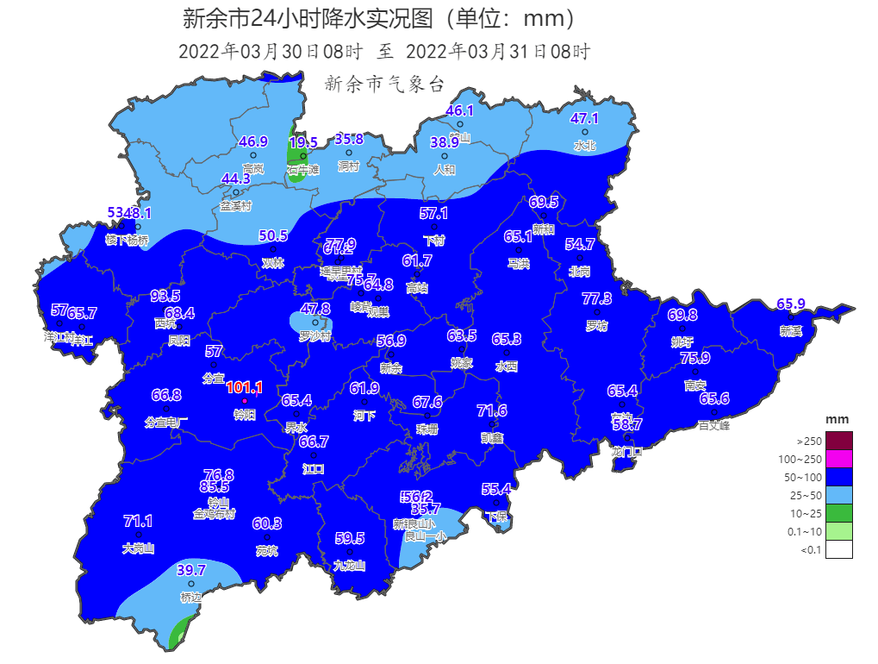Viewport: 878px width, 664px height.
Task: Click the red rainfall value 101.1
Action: [244, 388]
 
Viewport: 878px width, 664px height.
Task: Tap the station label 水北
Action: [585, 146]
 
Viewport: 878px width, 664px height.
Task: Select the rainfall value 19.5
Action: [303, 142]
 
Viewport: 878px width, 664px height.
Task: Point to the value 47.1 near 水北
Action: [585, 118]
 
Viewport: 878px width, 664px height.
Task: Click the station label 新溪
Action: [791, 331]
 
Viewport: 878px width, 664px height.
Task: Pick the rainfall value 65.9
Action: [791, 304]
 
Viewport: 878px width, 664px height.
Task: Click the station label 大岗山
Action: [138, 548]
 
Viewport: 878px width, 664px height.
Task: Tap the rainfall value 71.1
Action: [138, 521]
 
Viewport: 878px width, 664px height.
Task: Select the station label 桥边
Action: [191, 597]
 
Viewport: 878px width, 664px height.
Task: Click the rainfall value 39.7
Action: [191, 570]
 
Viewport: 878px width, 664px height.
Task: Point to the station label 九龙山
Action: [350, 566]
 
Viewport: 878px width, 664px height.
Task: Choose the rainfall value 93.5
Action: [165, 296]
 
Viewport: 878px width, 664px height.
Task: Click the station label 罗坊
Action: [596, 326]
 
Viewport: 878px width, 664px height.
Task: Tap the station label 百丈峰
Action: [714, 425]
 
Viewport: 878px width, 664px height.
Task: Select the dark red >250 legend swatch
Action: [838, 441]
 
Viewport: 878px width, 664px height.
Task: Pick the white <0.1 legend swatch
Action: [838, 550]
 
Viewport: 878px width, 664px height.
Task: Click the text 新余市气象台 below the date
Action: [384, 84]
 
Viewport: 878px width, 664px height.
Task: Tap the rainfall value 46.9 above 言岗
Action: [253, 141]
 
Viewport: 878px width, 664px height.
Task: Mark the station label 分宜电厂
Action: [166, 422]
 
